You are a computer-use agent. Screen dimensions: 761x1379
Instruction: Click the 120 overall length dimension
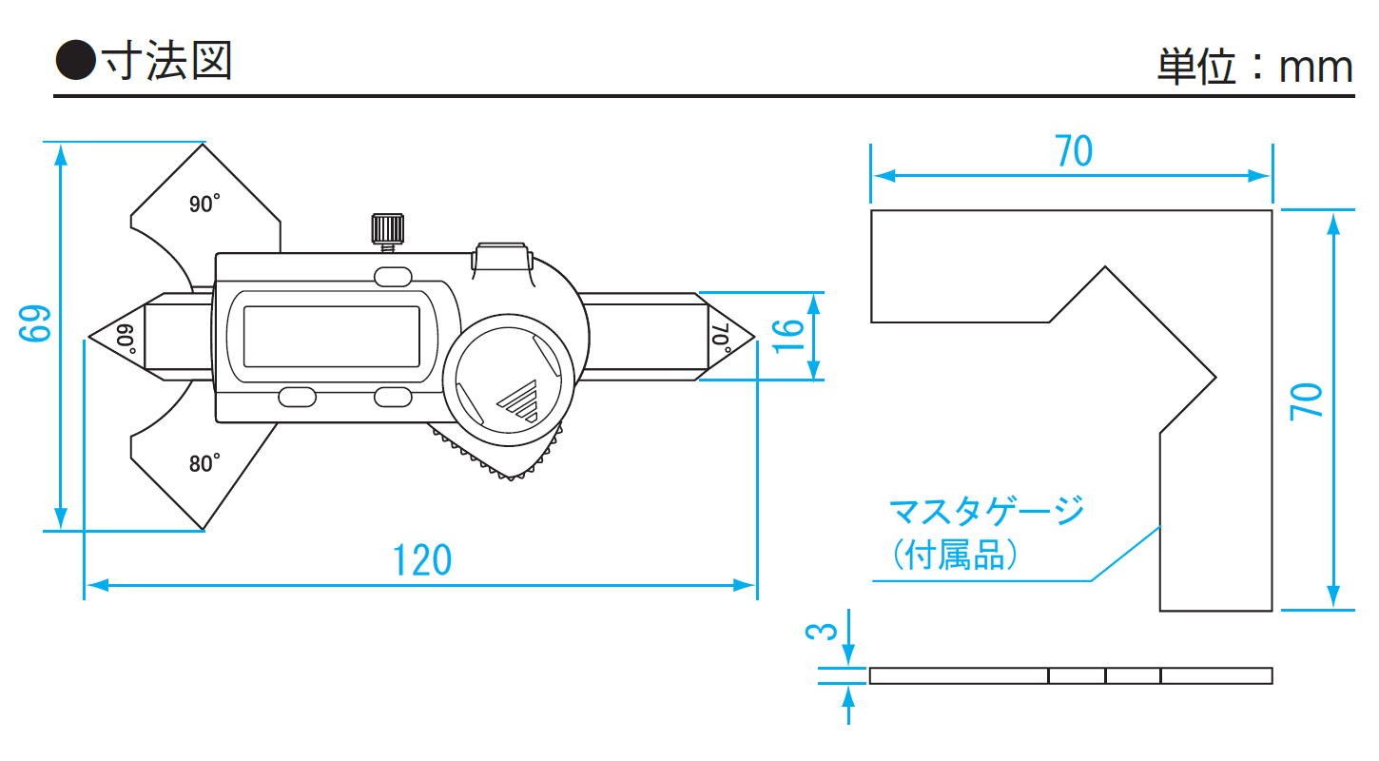point(423,560)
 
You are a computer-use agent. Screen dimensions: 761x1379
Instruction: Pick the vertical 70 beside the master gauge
point(1307,400)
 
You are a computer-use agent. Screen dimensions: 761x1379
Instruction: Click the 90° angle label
point(204,204)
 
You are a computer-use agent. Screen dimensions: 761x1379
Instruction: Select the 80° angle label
point(204,463)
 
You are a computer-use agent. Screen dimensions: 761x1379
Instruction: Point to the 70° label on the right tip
point(720,338)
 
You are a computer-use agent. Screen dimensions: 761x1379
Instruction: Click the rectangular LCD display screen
point(331,336)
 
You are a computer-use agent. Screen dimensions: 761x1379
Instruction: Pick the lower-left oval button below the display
point(297,396)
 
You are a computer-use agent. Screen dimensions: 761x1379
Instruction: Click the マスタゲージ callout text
point(986,512)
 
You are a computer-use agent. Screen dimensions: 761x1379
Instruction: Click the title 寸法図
point(168,62)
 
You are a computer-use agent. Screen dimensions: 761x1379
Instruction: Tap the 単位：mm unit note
point(1254,67)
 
